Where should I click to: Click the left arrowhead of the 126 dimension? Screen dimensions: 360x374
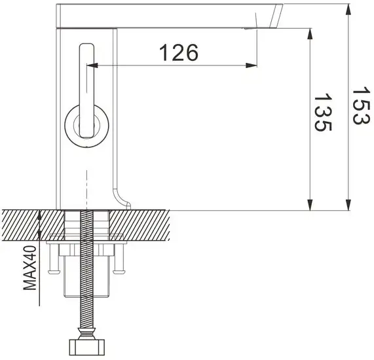92,65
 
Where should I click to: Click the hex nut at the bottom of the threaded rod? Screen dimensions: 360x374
84,347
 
